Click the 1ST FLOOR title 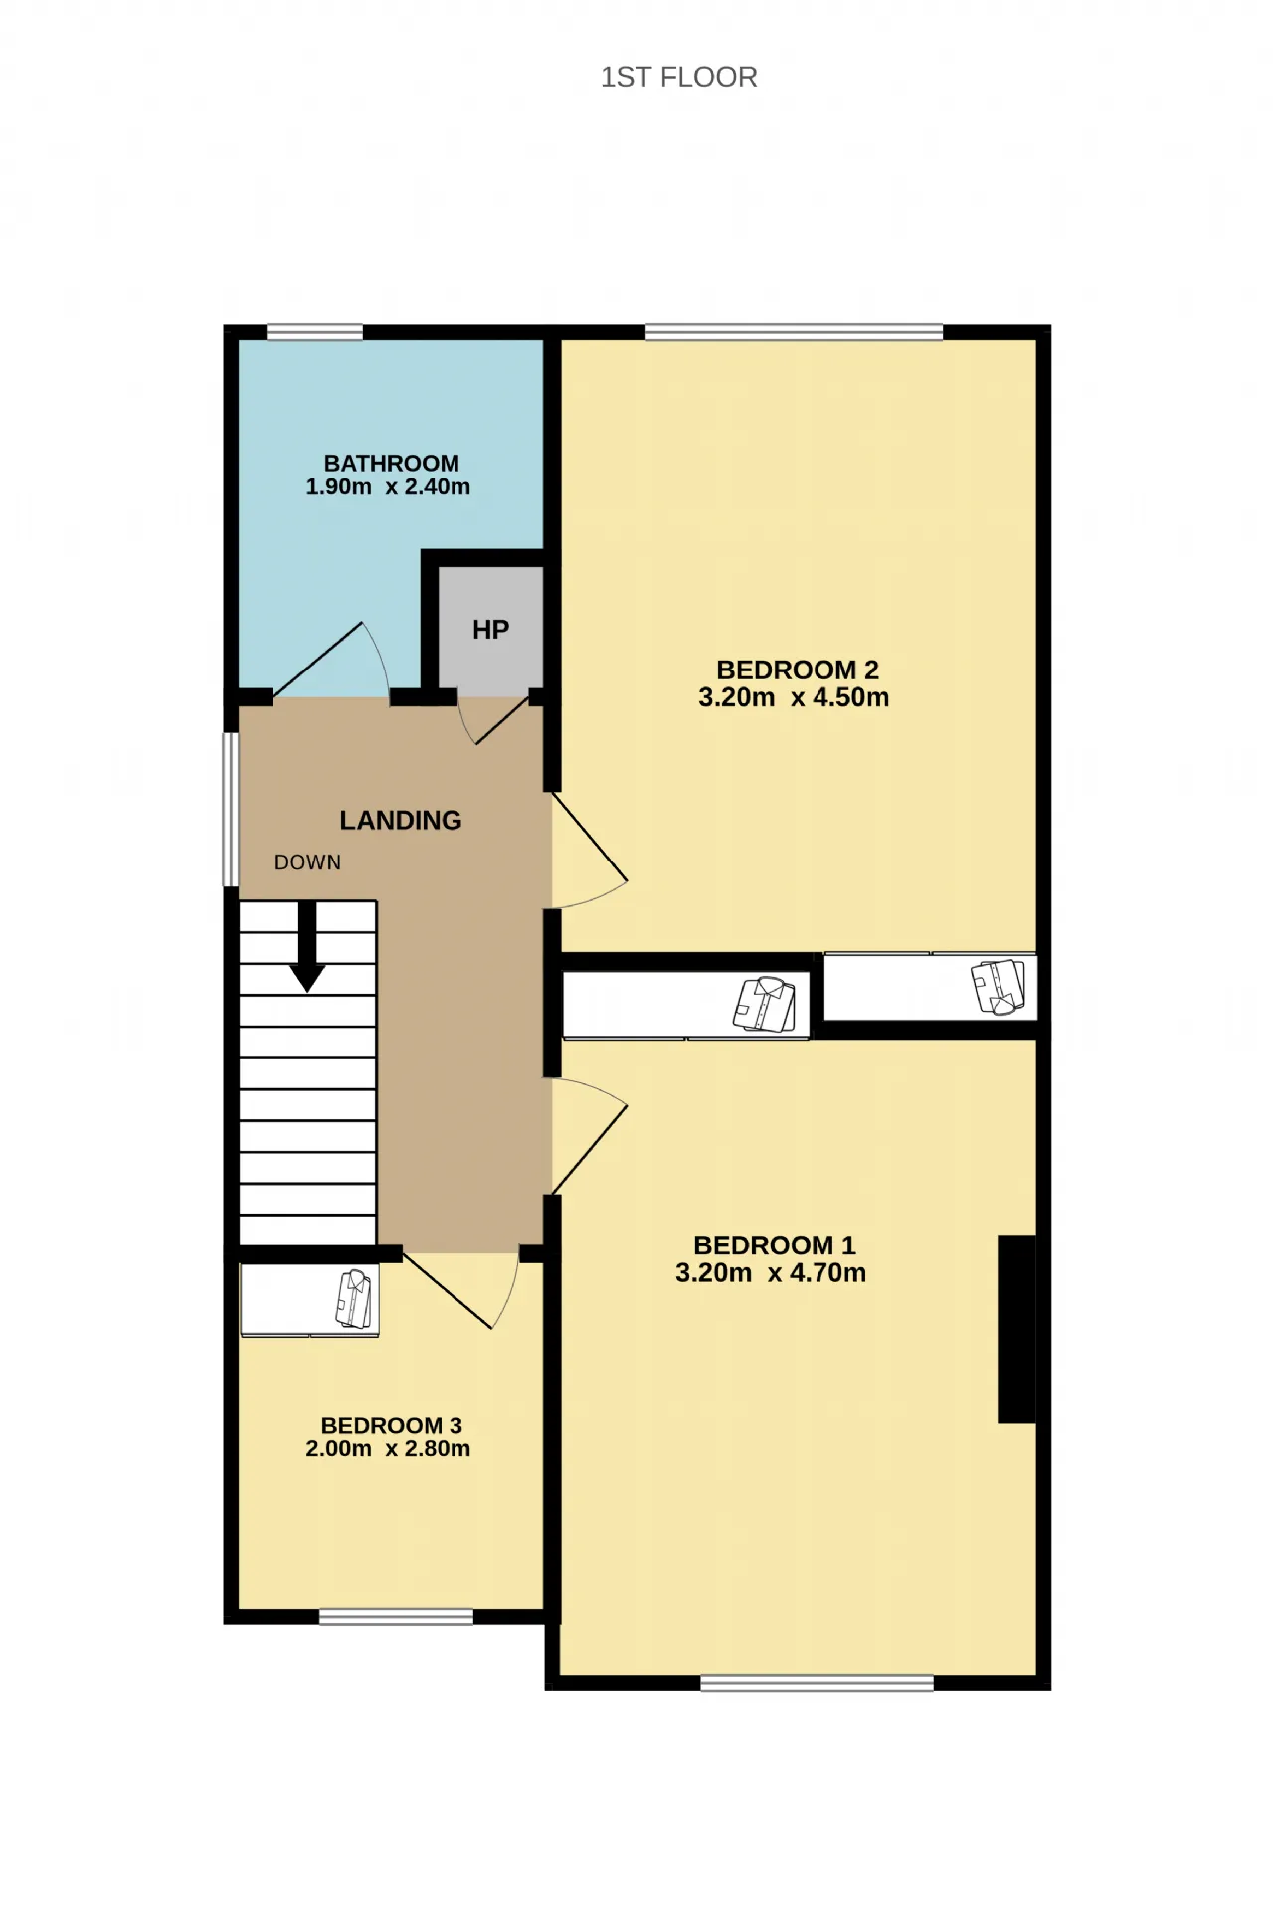(x=678, y=77)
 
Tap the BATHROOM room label (x=392, y=463)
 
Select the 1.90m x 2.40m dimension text (x=388, y=486)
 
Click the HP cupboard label (x=490, y=629)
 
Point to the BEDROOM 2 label (x=798, y=670)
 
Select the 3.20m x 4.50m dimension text (x=794, y=697)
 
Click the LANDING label (x=401, y=820)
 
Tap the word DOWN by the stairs (x=307, y=862)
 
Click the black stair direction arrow (x=307, y=946)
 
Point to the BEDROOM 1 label (x=775, y=1244)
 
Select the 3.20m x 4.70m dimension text (x=771, y=1272)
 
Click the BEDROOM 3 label (x=392, y=1425)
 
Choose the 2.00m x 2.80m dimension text (x=388, y=1448)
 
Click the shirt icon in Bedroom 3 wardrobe (x=355, y=1299)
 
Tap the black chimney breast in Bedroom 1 (x=1016, y=1328)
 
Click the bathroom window (x=314, y=332)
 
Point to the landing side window (x=230, y=809)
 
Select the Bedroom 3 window (x=396, y=1617)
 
